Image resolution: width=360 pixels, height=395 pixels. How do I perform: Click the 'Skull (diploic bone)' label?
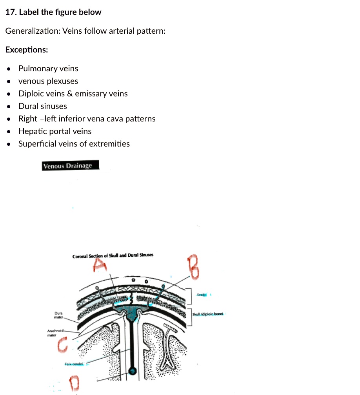(208, 314)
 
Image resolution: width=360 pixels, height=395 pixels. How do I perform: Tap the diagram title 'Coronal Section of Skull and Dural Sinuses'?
(113, 255)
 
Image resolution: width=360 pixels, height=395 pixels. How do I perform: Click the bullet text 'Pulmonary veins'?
(48, 69)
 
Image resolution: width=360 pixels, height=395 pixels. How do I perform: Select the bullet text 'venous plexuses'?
(48, 81)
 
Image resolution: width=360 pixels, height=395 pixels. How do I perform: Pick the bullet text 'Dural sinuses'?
(43, 106)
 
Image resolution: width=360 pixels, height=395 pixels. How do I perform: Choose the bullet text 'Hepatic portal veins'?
(55, 131)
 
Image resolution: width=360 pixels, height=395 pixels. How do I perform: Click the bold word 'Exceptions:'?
(27, 50)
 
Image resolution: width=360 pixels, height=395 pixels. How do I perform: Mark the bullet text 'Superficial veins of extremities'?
(74, 144)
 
